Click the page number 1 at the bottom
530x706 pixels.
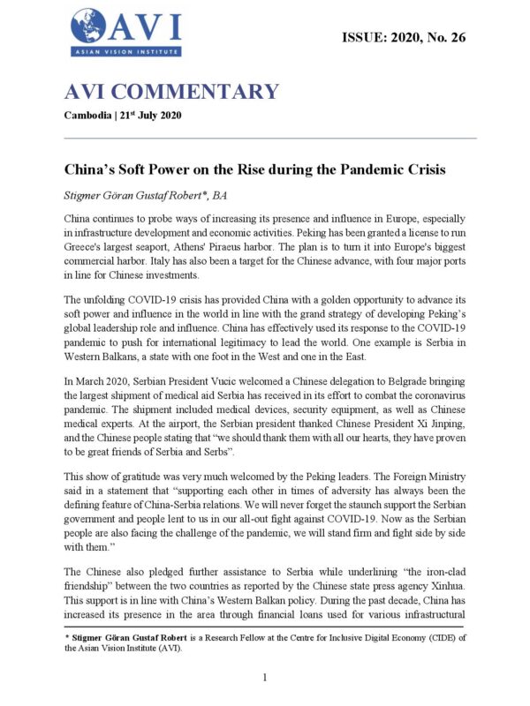coord(265,677)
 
